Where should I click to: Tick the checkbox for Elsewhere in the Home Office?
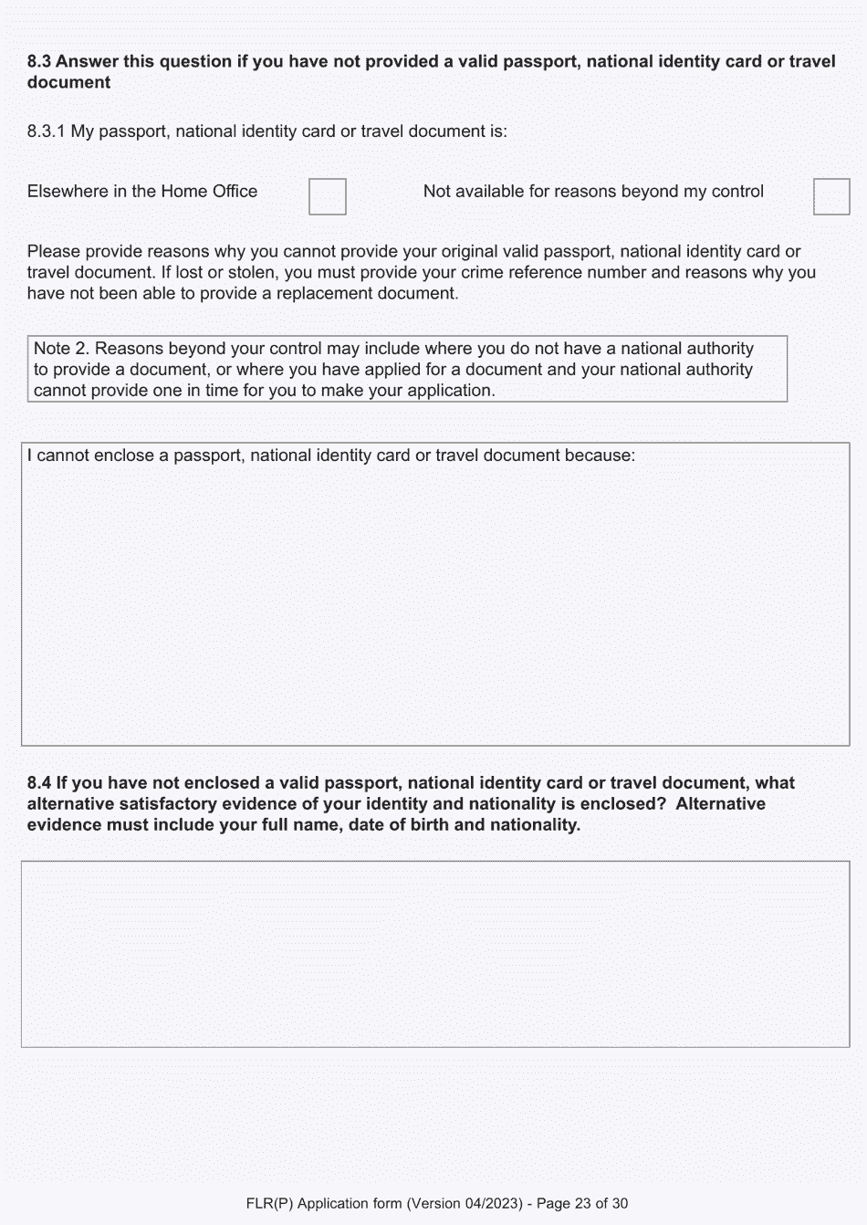[327, 196]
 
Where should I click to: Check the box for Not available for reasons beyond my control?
[830, 196]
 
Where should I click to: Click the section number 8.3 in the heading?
[39, 61]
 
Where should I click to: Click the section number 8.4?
[39, 783]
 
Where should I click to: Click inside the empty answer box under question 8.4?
[434, 953]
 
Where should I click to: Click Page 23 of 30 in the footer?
[582, 1203]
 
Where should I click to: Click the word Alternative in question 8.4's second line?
[720, 804]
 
